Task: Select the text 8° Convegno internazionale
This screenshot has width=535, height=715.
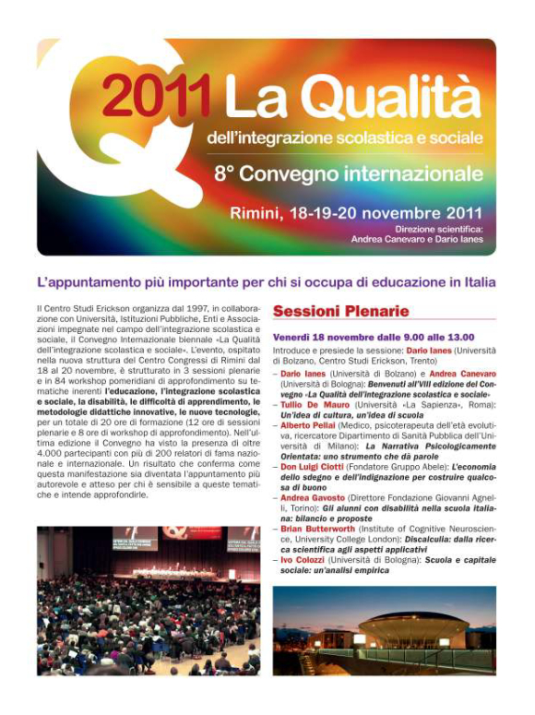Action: (x=348, y=173)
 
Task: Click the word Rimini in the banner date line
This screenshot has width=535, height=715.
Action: (x=261, y=214)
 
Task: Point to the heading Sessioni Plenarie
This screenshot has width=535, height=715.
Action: (x=340, y=312)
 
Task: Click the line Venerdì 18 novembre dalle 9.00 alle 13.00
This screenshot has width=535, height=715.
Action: (x=373, y=338)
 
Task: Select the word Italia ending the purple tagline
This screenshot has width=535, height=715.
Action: (x=478, y=281)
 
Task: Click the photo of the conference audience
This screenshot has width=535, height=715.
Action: (x=149, y=600)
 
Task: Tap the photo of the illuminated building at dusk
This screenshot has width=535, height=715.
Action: (x=384, y=630)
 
